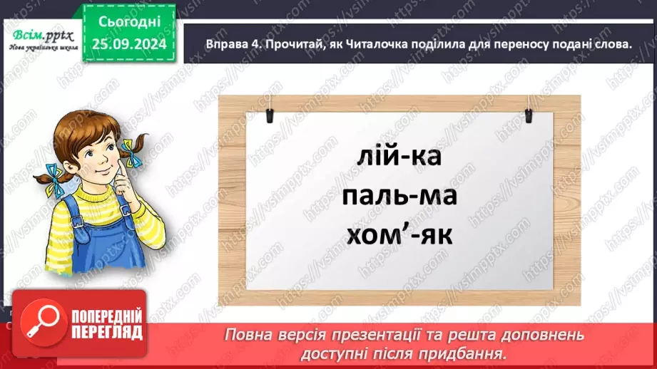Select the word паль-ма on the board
pyautogui.click(x=398, y=196)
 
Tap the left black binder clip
pyautogui.click(x=271, y=115)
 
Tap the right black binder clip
pyautogui.click(x=529, y=115)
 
